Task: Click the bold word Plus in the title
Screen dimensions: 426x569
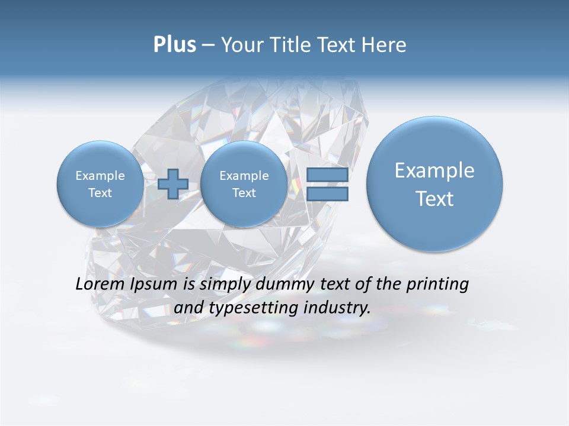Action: pos(174,45)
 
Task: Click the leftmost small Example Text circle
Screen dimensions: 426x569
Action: pos(100,184)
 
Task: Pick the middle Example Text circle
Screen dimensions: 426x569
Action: pos(244,184)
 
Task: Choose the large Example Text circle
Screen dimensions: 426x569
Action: pos(434,184)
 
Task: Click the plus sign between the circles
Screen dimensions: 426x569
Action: pos(173,184)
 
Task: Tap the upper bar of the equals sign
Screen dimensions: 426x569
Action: pos(327,175)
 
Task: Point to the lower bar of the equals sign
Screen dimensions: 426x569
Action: pos(327,193)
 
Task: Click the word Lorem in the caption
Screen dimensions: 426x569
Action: pos(100,284)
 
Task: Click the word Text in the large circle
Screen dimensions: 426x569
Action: pos(434,199)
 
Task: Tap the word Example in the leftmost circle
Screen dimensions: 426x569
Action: pos(100,176)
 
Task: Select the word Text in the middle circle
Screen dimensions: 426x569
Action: pos(244,193)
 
